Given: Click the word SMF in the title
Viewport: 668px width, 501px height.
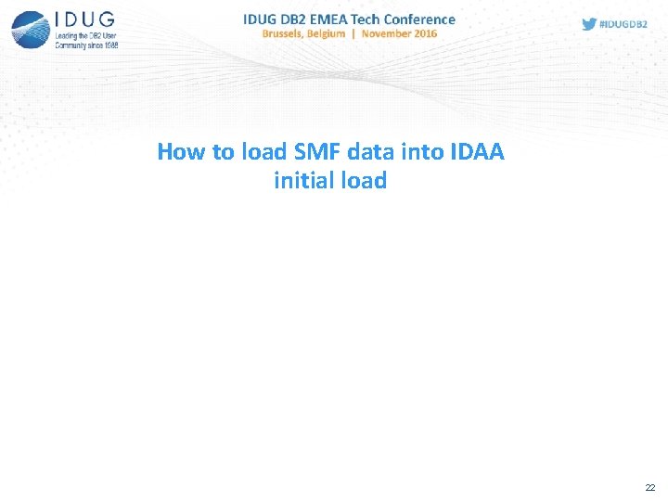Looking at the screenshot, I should (317, 151).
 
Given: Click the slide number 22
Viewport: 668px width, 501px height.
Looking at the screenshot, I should (650, 486).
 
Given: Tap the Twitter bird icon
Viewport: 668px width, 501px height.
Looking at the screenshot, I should (588, 24).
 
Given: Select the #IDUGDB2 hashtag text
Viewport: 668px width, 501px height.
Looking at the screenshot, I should (623, 24).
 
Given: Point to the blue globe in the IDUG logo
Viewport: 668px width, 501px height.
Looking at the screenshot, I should (32, 29).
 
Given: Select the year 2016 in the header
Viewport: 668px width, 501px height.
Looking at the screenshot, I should (425, 34).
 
